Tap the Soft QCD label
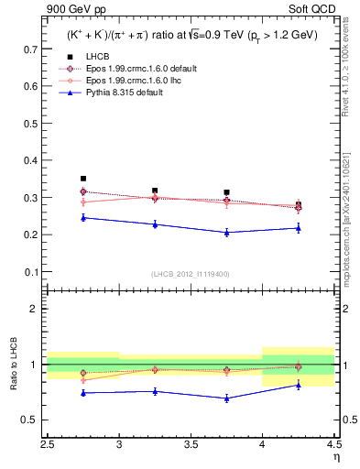[x=314, y=10]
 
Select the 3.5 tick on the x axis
[x=191, y=444]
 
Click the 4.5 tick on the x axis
[x=333, y=444]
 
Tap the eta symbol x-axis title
[x=336, y=456]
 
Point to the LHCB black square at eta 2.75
[x=83, y=179]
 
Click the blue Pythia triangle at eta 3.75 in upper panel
[x=226, y=233]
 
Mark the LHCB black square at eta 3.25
[x=155, y=191]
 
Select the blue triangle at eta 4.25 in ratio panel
[x=298, y=385]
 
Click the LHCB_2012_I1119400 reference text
[x=191, y=273]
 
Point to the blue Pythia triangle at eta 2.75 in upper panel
[x=83, y=217]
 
